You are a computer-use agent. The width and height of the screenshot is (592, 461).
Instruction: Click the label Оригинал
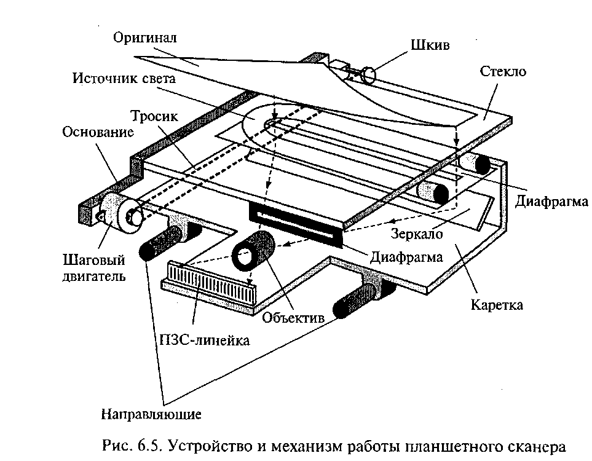tap(145, 38)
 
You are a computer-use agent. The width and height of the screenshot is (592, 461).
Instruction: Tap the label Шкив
tap(430, 45)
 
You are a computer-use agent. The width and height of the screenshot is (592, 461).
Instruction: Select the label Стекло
tap(503, 71)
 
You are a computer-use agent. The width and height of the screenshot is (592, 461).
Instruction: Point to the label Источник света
tap(124, 78)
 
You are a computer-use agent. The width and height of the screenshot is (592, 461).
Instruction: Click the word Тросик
tap(154, 116)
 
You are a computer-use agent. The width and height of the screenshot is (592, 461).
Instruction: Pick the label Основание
tap(98, 132)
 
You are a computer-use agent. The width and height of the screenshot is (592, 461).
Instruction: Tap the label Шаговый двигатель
tap(93, 268)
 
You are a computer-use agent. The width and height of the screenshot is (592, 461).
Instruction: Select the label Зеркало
tap(416, 234)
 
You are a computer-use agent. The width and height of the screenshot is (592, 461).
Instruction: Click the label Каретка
tap(497, 305)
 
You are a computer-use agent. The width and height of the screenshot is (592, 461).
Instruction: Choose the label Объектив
tap(293, 318)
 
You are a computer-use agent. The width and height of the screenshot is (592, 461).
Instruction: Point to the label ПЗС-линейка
tap(205, 340)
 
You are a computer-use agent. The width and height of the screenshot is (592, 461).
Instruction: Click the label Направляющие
tap(151, 414)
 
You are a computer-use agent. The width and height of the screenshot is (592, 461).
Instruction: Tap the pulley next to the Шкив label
tap(368, 75)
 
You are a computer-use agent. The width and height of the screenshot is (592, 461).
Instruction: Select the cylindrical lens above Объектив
tap(253, 250)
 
